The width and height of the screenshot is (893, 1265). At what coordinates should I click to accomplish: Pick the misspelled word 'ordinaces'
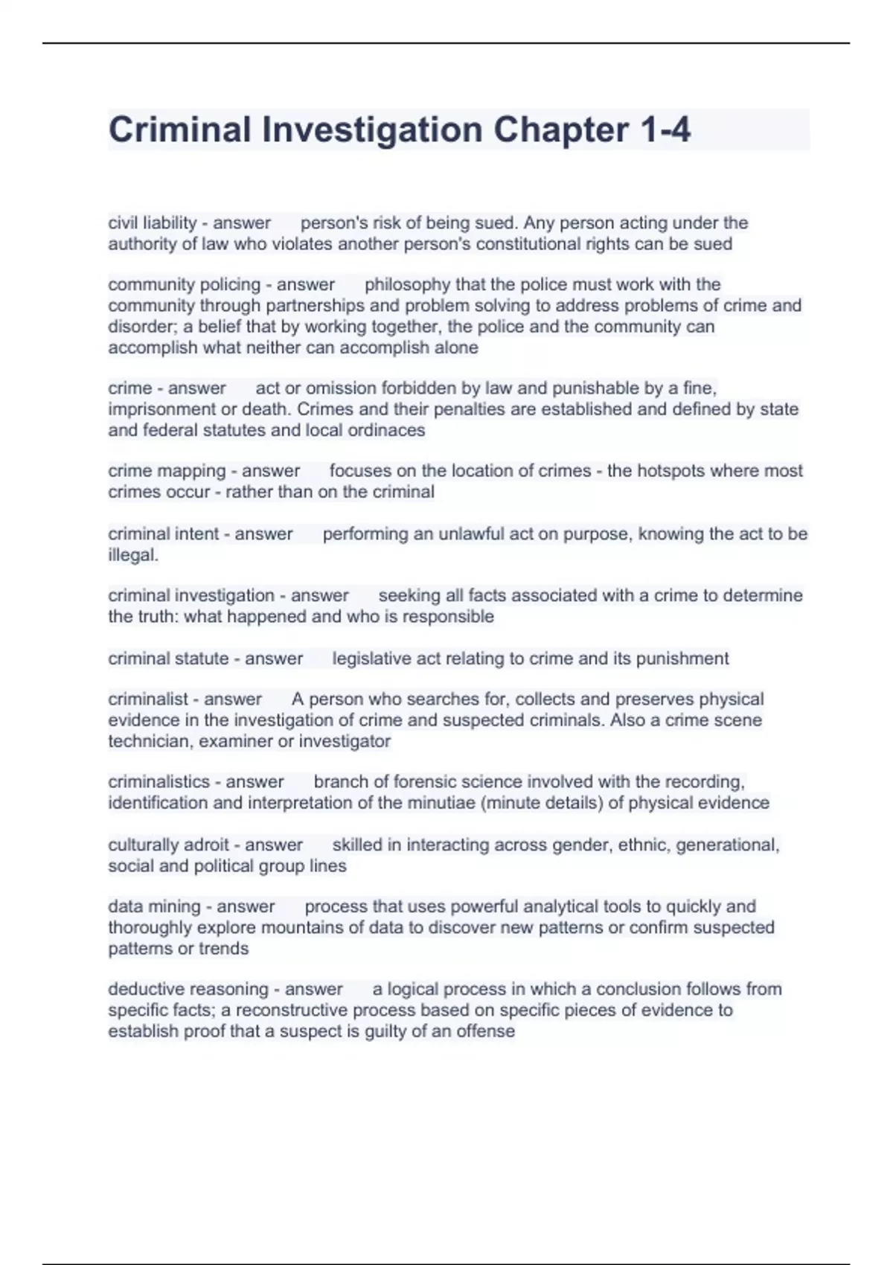click(389, 430)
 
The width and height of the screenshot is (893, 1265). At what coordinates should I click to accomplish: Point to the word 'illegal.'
click(133, 555)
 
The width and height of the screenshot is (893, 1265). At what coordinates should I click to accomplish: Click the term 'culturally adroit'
click(168, 845)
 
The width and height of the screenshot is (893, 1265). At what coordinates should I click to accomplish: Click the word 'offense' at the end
click(486, 1031)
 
